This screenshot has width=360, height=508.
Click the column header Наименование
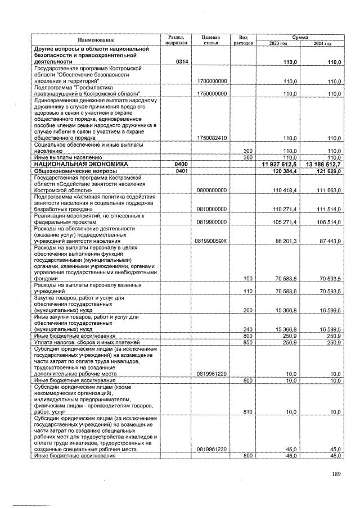[96, 40]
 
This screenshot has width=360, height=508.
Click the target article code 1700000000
[212, 81]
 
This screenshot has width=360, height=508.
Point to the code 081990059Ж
[212, 241]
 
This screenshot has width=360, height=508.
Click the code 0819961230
[212, 449]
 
